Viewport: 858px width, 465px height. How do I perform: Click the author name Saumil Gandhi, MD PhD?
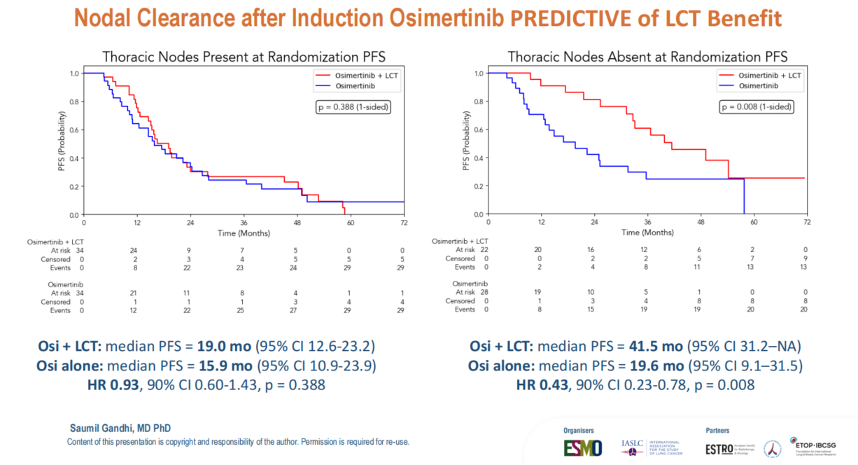point(120,428)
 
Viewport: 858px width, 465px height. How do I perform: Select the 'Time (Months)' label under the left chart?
point(244,233)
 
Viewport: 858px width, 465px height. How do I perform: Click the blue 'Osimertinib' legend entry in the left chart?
point(346,85)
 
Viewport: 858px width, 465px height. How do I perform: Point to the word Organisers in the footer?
point(580,430)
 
